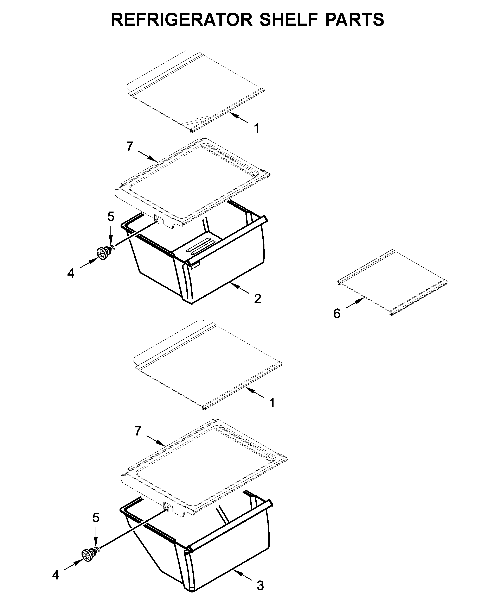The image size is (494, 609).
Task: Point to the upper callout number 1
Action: (x=257, y=128)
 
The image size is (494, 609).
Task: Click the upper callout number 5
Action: (x=111, y=217)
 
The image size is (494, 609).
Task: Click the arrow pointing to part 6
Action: (x=355, y=303)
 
